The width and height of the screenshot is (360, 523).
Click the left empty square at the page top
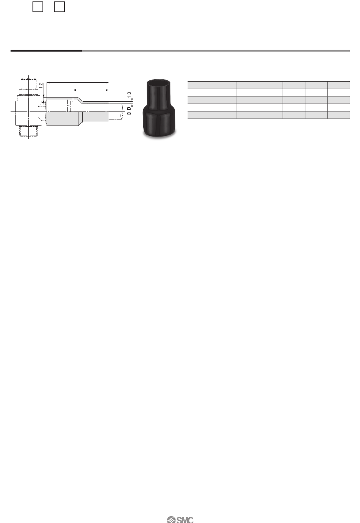coord(38,6)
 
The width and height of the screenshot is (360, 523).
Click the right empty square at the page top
coord(59,6)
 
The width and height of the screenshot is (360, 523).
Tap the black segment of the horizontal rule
coord(46,50)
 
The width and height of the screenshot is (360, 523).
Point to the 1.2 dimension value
coord(41,85)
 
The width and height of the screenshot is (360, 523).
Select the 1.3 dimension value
coord(129,95)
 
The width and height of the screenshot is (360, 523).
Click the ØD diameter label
coord(129,111)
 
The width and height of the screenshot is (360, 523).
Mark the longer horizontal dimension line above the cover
coord(78,82)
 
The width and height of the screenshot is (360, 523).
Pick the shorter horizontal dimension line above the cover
coord(91,90)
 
